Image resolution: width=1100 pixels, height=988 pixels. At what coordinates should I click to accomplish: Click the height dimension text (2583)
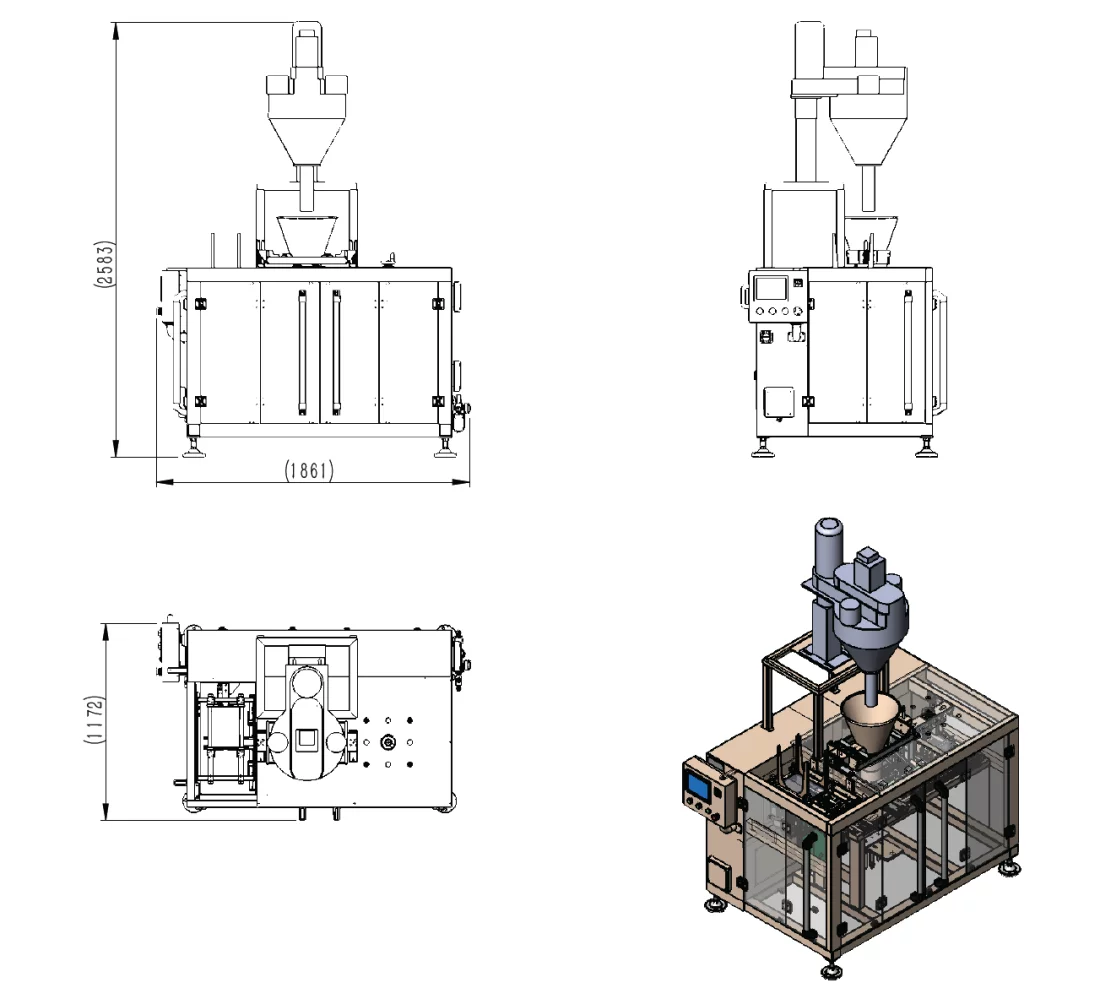[x=104, y=263]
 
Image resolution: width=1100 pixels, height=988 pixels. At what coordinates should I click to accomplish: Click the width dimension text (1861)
[x=309, y=469]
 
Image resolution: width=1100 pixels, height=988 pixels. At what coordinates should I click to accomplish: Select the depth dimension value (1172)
[x=94, y=719]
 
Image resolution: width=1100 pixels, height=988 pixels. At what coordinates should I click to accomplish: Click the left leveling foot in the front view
[x=194, y=448]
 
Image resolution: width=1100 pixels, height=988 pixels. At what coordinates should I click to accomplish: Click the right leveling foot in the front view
[x=445, y=448]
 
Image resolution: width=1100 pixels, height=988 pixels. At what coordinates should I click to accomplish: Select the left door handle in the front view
[x=302, y=352]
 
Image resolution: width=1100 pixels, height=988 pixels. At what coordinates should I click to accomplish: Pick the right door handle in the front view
[x=336, y=352]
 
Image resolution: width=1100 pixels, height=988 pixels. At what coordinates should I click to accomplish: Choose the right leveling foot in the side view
[x=926, y=448]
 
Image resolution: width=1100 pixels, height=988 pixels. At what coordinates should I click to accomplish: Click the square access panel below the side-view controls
[x=779, y=402]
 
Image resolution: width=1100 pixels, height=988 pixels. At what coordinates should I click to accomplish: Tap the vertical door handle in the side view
[x=908, y=352]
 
